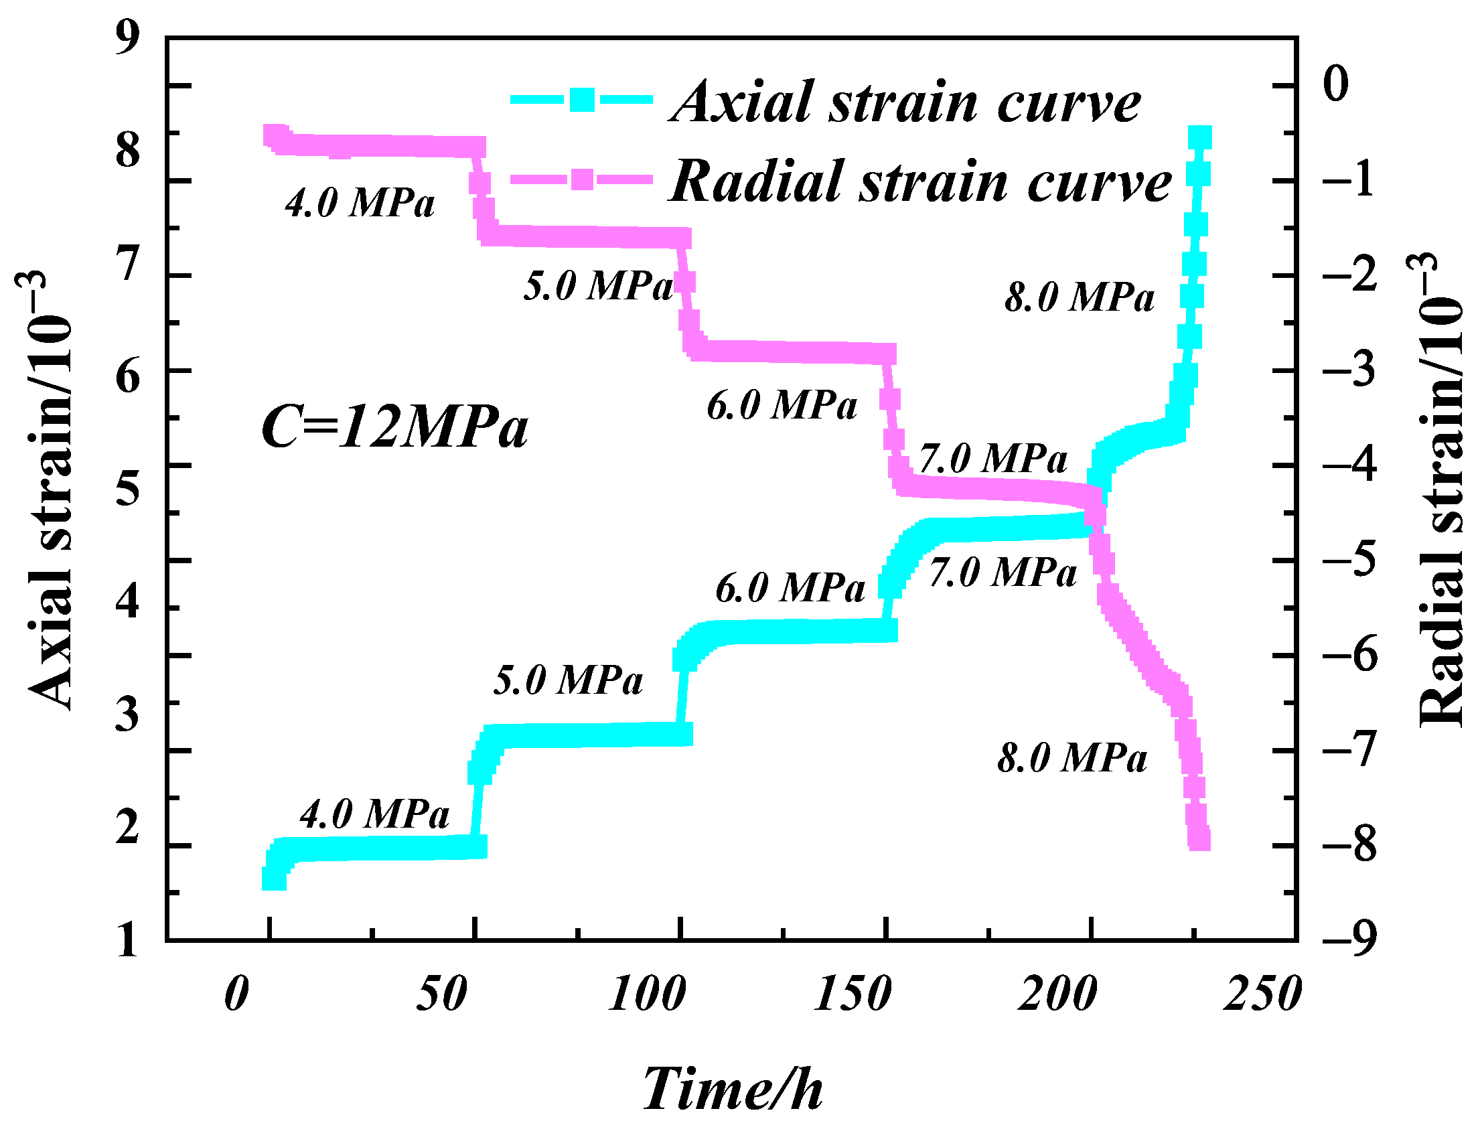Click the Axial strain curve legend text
click(905, 102)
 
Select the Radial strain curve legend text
click(921, 182)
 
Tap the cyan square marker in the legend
click(582, 99)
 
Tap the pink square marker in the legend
click(582, 179)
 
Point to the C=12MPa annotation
click(394, 427)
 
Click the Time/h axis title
click(733, 1089)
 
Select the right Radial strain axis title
click(1440, 489)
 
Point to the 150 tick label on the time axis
click(852, 994)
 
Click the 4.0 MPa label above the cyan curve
click(374, 815)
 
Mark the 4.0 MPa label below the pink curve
click(360, 202)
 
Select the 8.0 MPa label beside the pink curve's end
click(1072, 758)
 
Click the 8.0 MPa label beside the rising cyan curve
click(1080, 297)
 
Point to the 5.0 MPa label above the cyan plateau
click(568, 680)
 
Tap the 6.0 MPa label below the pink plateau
click(782, 406)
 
